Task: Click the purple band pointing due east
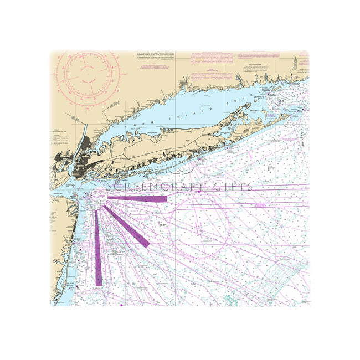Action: [x=138, y=198]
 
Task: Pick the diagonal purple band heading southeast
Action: [x=127, y=227]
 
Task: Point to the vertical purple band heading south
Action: [x=98, y=249]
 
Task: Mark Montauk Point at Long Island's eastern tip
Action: [x=289, y=116]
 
